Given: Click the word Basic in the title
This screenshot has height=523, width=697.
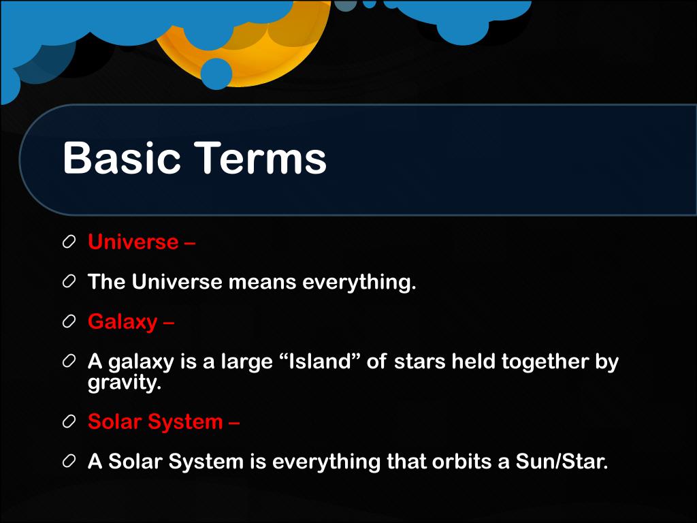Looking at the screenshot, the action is point(122,158).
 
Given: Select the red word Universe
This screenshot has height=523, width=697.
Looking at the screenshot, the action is point(133,242).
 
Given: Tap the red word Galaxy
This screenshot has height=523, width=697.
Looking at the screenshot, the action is point(123,322).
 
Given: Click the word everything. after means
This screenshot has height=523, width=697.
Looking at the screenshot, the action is point(359,283).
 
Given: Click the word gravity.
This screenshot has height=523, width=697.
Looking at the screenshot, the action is point(125,383).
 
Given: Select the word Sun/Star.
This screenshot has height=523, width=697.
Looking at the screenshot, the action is point(562,462).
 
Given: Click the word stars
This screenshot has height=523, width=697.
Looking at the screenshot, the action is point(419,362).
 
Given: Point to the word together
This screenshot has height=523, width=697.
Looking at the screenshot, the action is point(545,362).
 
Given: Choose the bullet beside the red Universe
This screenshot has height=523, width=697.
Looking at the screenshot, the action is point(69,242).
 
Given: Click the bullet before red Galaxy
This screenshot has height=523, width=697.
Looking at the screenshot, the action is point(69,322).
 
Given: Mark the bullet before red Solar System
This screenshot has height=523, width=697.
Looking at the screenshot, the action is point(69,422).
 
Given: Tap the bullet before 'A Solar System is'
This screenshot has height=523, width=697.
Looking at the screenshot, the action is point(69,461).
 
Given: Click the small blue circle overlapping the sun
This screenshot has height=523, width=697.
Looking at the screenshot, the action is point(216,74).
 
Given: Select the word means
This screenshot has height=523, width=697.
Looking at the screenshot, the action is point(262,283).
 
